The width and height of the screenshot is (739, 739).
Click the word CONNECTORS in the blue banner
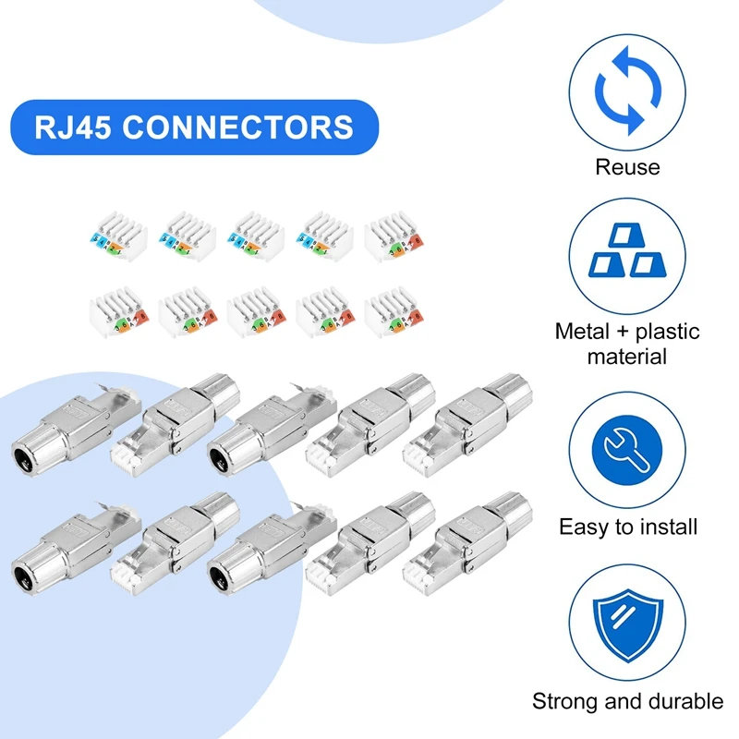pos(237,127)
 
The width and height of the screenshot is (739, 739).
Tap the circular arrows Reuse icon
pos(628,92)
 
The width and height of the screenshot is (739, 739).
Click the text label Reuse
pos(628,167)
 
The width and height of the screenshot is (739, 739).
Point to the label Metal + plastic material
pos(628,343)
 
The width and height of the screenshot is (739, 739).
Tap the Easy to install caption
pos(628,527)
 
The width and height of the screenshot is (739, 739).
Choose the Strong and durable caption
pos(628,701)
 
